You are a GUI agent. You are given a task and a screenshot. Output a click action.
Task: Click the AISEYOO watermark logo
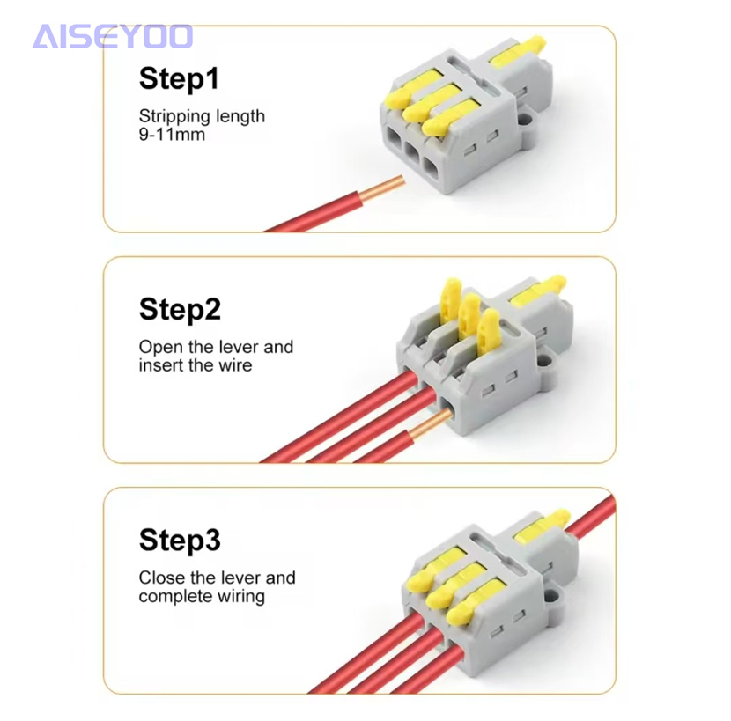pos(113,36)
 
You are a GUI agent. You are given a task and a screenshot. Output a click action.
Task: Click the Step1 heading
pos(179,78)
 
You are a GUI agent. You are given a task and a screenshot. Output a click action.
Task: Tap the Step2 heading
pos(180,309)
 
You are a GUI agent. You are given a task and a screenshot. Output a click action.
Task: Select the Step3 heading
pos(180,540)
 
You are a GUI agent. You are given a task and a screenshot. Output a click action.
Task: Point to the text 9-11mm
pos(172,134)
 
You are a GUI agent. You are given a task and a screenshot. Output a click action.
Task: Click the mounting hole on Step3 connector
pos(550,595)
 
